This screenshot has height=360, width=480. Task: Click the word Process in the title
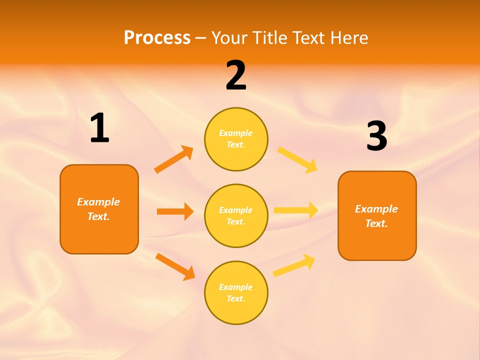click(157, 37)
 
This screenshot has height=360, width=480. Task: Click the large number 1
click(99, 128)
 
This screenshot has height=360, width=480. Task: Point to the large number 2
click(236, 75)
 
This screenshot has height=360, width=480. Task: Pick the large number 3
click(377, 136)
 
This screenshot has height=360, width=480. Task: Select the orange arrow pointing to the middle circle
click(175, 211)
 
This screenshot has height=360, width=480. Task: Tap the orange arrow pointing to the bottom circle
click(175, 266)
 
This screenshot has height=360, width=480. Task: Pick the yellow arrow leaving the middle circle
click(296, 210)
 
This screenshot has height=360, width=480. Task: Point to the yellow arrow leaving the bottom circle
click(294, 265)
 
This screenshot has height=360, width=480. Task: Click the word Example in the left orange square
click(98, 202)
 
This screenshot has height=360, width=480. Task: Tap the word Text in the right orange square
click(375, 223)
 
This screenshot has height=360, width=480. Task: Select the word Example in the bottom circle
click(235, 287)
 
